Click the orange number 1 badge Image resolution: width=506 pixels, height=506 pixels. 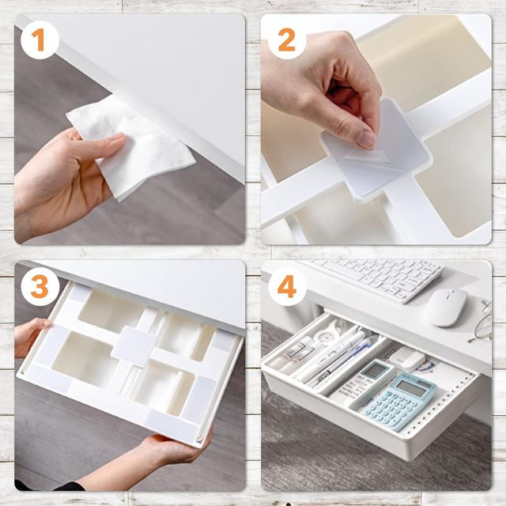(x=40, y=40)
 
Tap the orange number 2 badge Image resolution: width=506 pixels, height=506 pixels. (x=287, y=40)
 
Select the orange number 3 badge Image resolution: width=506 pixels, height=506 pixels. (x=40, y=286)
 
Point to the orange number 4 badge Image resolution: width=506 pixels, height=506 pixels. (x=287, y=286)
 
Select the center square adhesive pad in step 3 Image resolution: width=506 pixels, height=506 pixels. (x=134, y=346)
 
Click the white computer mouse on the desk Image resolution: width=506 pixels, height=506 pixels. (x=446, y=308)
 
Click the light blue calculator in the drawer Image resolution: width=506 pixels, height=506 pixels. (x=399, y=402)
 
